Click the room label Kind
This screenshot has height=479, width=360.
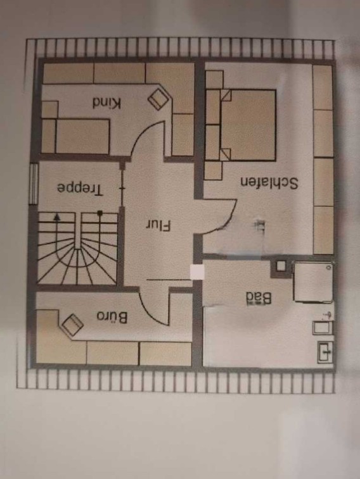106,103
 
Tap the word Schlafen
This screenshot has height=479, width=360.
269,183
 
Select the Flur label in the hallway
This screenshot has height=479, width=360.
158,226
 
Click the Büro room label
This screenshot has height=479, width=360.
112,317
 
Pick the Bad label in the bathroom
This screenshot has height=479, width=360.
259,298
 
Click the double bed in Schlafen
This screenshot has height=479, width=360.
248,125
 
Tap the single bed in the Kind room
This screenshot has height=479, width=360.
82,136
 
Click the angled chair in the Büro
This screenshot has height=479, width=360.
72,325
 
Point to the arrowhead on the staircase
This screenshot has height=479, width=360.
56,217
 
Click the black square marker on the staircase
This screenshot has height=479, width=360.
100,213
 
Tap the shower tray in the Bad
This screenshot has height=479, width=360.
313,282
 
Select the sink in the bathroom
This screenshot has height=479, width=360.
325,352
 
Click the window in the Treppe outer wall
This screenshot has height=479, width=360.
34,184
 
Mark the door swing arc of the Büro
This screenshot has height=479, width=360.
150,312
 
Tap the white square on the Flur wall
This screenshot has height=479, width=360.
196,272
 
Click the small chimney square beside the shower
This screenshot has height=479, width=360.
281,266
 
